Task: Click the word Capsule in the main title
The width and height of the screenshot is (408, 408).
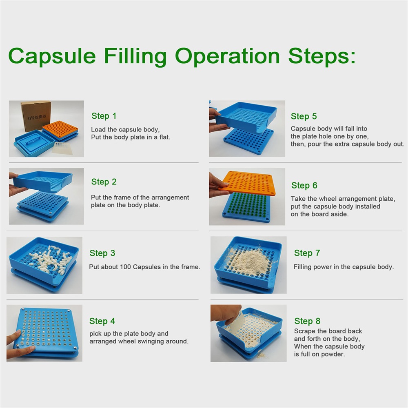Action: tap(52, 56)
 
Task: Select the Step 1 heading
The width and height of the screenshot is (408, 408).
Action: tap(104, 116)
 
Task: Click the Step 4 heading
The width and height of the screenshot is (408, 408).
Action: tap(102, 322)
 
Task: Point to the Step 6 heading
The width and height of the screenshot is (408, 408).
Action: tap(304, 185)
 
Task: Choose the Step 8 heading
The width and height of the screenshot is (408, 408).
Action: tap(307, 322)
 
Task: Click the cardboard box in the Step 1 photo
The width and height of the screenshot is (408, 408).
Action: tap(35, 116)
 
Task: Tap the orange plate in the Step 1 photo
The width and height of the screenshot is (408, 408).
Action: tap(60, 129)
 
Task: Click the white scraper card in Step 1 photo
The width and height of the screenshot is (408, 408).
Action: tap(62, 148)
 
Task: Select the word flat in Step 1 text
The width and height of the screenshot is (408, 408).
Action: tap(164, 137)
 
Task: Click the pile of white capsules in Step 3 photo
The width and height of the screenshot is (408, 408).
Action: tap(49, 257)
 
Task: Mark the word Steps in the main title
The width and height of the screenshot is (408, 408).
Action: tap(322, 56)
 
